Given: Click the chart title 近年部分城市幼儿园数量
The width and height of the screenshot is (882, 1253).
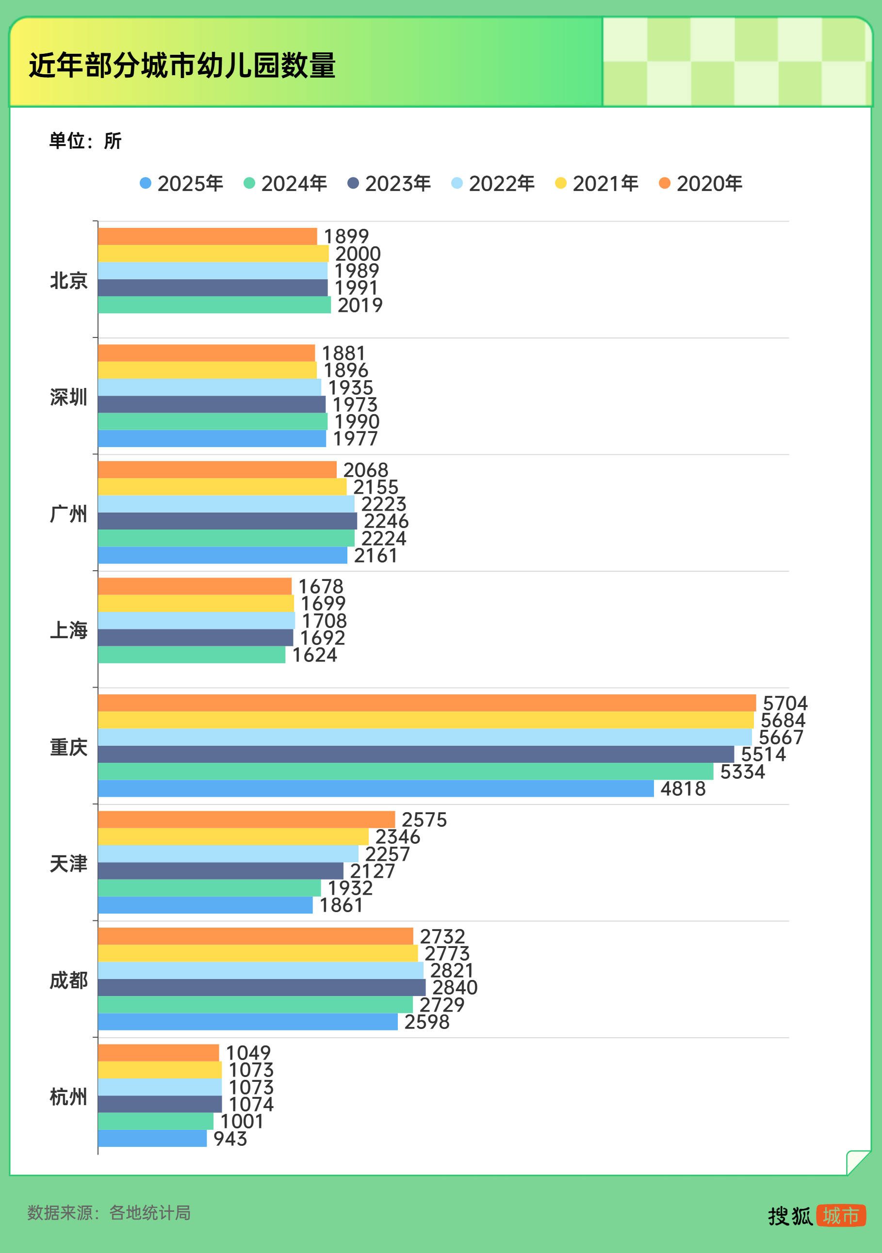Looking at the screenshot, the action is (182, 65).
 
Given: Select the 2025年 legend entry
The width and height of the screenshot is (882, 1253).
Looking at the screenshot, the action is (181, 183).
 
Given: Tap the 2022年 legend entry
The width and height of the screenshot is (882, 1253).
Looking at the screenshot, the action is (492, 183).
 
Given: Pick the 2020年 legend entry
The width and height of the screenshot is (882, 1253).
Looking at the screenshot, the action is (701, 183).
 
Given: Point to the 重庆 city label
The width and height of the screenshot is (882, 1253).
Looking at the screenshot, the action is (68, 747).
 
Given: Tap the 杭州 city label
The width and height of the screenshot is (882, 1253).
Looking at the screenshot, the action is (68, 1097).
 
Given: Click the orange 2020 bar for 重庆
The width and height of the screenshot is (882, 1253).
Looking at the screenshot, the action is (427, 703).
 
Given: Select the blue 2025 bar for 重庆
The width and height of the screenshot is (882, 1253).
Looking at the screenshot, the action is (376, 788).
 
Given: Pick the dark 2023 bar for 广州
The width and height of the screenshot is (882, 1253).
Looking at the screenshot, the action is (228, 521).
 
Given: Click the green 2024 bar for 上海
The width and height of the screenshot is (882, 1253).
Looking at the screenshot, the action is (192, 655).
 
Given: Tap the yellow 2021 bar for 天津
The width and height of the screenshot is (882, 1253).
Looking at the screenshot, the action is (233, 836).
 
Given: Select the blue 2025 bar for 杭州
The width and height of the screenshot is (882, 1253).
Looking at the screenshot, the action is (152, 1139).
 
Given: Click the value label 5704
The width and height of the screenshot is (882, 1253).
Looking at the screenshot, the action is (785, 703).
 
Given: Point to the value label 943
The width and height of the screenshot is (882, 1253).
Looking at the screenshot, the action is (230, 1139).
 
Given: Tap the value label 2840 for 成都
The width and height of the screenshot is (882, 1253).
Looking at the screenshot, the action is (455, 987).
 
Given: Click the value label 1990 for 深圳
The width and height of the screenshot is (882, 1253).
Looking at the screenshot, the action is (357, 421).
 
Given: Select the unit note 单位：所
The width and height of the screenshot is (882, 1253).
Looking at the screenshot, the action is (85, 141).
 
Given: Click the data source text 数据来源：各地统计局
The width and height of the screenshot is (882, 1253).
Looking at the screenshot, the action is (109, 1213).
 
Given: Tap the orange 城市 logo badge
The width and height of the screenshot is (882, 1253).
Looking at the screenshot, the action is (841, 1215).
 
